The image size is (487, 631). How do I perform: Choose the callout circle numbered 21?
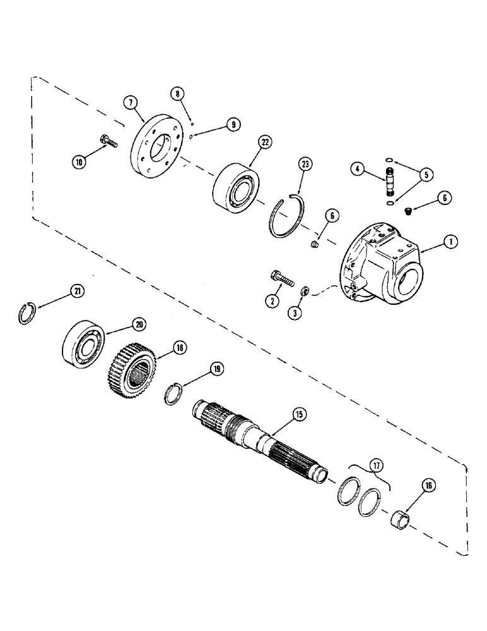click(x=77, y=291)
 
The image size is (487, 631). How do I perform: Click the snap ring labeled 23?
click(x=288, y=218)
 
